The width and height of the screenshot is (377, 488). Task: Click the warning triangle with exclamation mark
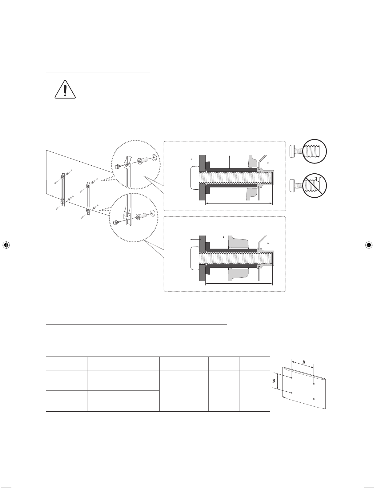tap(65, 89)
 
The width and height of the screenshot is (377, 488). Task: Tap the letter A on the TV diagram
tap(304, 362)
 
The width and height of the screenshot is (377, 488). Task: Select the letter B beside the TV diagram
tap(274, 381)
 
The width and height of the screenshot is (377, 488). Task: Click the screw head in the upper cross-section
tap(195, 178)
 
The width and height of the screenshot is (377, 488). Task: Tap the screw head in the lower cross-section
tap(195, 258)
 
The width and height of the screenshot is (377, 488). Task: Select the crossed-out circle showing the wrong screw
tap(315, 185)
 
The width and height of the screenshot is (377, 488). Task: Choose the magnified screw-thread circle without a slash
tap(315, 151)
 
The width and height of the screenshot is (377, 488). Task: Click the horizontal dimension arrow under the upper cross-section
tap(239, 203)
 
